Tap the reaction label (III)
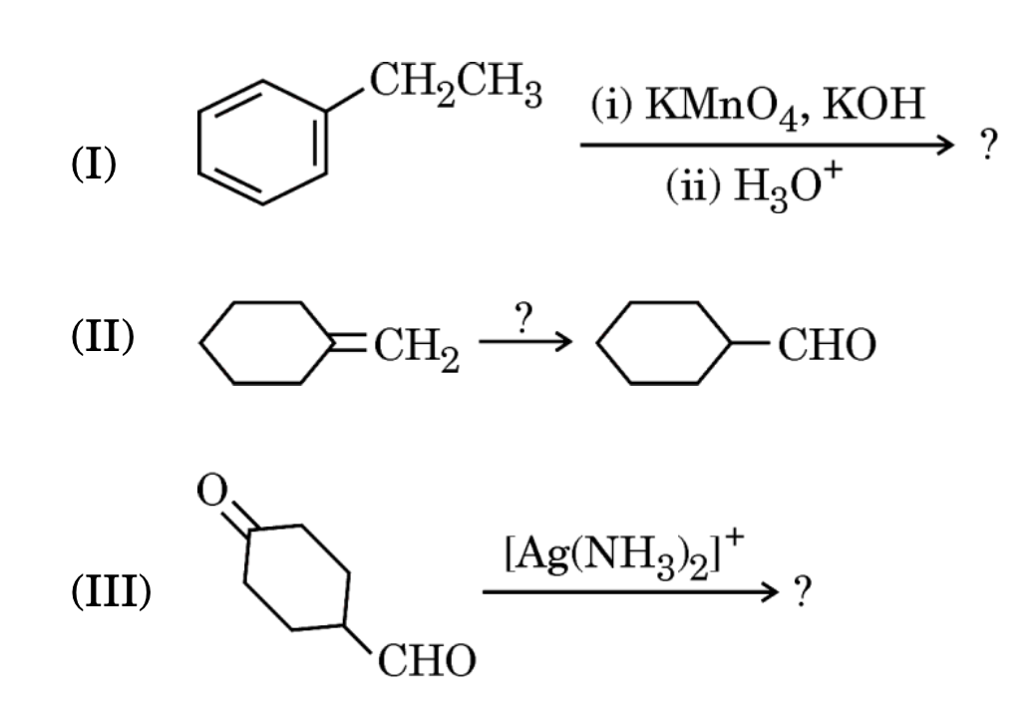112,595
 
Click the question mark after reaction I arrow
987,146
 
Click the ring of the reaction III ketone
296,576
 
